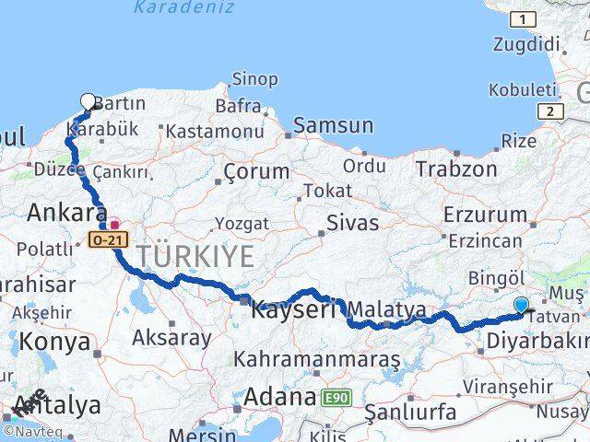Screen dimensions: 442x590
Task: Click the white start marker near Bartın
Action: pyautogui.click(x=88, y=101)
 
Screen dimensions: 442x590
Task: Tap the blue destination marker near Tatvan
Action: pyautogui.click(x=522, y=306)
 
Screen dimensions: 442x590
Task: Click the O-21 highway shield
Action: pyautogui.click(x=105, y=238)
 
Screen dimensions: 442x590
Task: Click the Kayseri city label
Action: pyautogui.click(x=294, y=309)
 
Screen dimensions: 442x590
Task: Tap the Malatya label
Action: pyautogui.click(x=387, y=309)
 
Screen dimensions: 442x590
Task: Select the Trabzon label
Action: pyautogui.click(x=455, y=169)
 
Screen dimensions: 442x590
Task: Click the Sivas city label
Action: pyautogui.click(x=352, y=222)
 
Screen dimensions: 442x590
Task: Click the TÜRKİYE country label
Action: pyautogui.click(x=196, y=256)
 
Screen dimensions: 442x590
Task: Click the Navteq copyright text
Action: pyautogui.click(x=32, y=430)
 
